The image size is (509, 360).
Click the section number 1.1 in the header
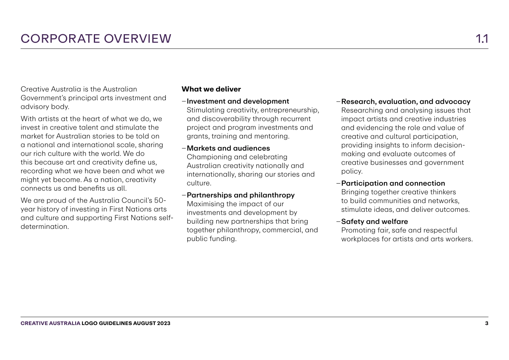[482, 39]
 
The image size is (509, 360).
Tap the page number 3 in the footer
[486, 323]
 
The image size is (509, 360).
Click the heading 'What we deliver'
[211, 89]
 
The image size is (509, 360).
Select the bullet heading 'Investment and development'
[238, 101]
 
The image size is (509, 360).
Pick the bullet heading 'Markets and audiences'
[228, 148]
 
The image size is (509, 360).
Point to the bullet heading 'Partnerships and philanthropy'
[241, 195]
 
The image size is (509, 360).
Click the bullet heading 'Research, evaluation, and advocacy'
[406, 102]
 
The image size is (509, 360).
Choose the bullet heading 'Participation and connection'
[393, 183]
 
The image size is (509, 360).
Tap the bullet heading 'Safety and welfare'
[374, 221]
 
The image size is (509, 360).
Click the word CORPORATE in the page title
[60, 39]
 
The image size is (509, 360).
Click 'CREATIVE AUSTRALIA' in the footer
[51, 323]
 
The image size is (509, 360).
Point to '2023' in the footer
[163, 323]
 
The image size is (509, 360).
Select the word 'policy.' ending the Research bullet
[352, 171]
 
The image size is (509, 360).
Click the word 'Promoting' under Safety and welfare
[357, 230]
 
